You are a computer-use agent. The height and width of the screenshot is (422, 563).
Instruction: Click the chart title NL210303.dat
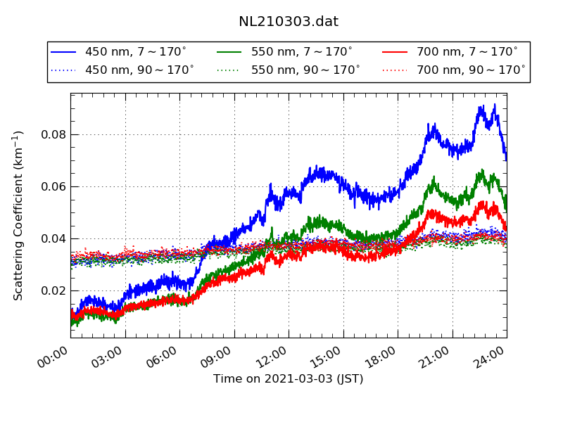289,22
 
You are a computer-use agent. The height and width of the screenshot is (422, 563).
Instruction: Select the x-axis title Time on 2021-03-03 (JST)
289,379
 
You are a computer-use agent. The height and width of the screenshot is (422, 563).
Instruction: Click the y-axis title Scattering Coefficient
19,215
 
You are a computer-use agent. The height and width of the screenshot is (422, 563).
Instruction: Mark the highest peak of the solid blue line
495,105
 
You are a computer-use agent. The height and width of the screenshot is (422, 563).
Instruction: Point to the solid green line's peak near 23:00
482,170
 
